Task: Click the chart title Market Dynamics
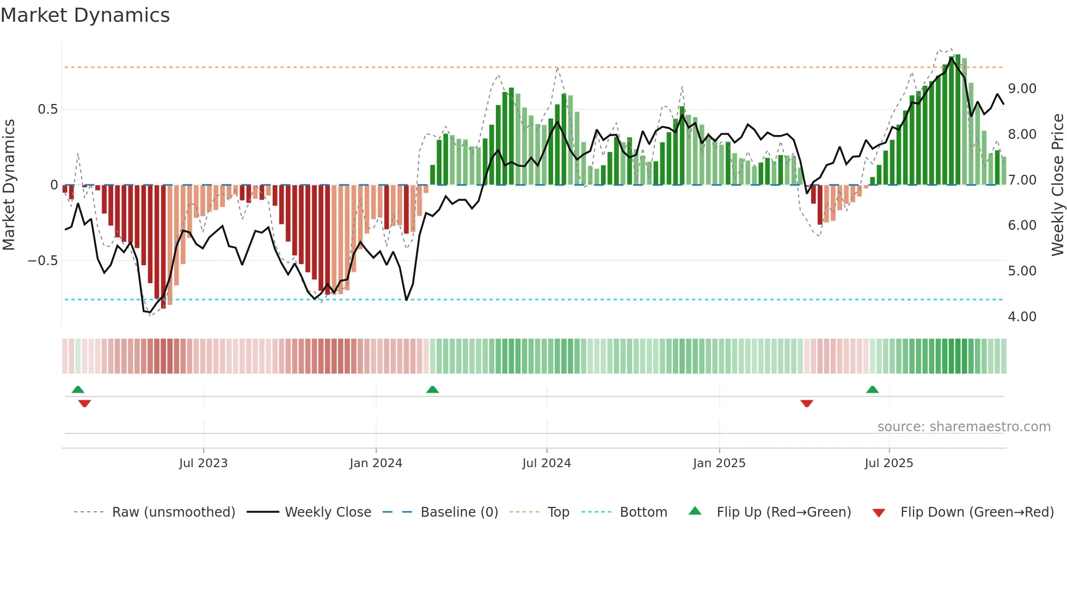pyautogui.click(x=85, y=15)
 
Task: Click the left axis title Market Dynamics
pyautogui.click(x=9, y=185)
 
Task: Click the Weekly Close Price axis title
pyautogui.click(x=1057, y=185)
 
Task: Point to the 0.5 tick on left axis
pyautogui.click(x=47, y=109)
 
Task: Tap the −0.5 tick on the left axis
pyautogui.click(x=43, y=261)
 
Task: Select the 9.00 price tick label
pyautogui.click(x=1022, y=89)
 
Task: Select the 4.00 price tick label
pyautogui.click(x=1022, y=317)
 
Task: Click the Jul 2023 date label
pyautogui.click(x=203, y=463)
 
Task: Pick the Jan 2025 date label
pyautogui.click(x=719, y=463)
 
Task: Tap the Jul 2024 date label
pyautogui.click(x=546, y=463)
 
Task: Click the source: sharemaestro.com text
pyautogui.click(x=964, y=427)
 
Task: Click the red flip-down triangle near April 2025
pyautogui.click(x=807, y=403)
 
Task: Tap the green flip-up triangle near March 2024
pyautogui.click(x=432, y=389)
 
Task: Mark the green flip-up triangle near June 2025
pyautogui.click(x=872, y=389)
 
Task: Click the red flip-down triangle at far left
pyautogui.click(x=84, y=403)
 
